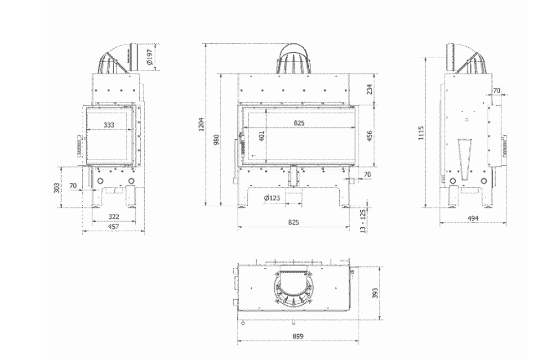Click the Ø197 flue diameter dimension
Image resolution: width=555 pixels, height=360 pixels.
(149, 57)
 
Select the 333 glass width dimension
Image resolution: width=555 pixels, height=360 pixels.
(109, 125)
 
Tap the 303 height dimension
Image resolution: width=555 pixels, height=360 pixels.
(56, 187)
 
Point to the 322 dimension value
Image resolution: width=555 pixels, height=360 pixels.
(113, 216)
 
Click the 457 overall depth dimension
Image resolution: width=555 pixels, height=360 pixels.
(113, 226)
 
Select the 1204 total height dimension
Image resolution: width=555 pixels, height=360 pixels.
(202, 124)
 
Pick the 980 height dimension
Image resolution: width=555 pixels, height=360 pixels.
(217, 139)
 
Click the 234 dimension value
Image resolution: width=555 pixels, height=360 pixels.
(369, 89)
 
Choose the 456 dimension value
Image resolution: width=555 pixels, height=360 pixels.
(369, 136)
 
